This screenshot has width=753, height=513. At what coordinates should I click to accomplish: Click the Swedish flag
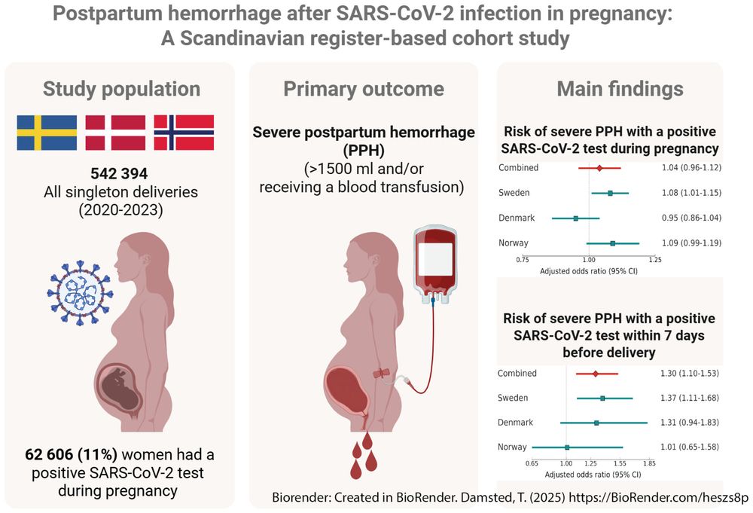tap(47, 133)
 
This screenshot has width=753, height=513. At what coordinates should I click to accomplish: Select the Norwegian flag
tap(184, 133)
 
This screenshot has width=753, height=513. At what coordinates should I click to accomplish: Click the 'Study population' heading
tap(121, 89)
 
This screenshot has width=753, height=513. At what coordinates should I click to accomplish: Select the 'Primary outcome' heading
tap(363, 89)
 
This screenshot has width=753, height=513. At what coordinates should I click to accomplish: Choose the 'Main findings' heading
tap(620, 89)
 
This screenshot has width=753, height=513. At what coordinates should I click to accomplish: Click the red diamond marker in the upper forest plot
tap(599, 169)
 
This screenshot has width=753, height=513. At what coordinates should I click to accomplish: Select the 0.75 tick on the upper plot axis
tap(522, 259)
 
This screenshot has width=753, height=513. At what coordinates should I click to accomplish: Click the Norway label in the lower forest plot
tap(513, 447)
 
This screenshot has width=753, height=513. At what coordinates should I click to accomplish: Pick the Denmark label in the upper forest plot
tap(516, 218)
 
